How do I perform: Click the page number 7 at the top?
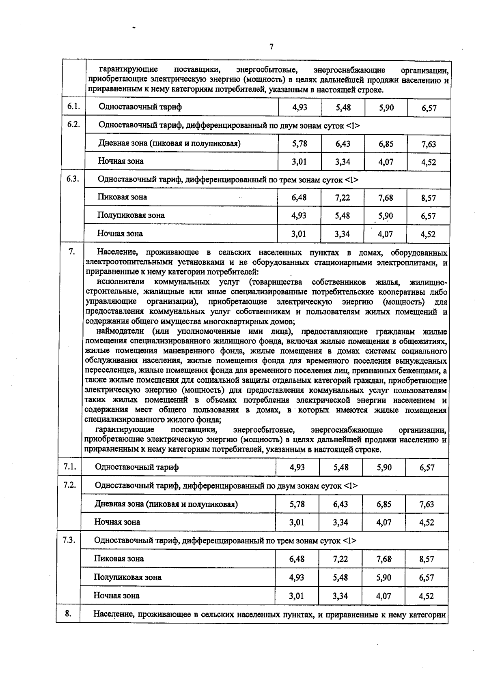click(272, 47)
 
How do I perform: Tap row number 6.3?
click(73, 179)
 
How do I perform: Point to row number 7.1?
click(70, 467)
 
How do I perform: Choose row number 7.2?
click(70, 484)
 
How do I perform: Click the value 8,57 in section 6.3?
click(428, 198)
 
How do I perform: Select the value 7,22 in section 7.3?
click(341, 559)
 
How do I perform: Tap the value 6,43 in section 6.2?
click(343, 144)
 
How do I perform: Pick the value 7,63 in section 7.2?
click(427, 504)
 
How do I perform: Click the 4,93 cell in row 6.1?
click(300, 107)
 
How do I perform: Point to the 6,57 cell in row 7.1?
click(427, 467)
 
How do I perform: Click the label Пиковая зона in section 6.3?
click(122, 197)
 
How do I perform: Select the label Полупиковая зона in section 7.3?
click(127, 577)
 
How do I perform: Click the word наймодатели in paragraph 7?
click(118, 331)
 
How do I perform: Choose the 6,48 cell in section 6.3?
click(299, 197)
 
